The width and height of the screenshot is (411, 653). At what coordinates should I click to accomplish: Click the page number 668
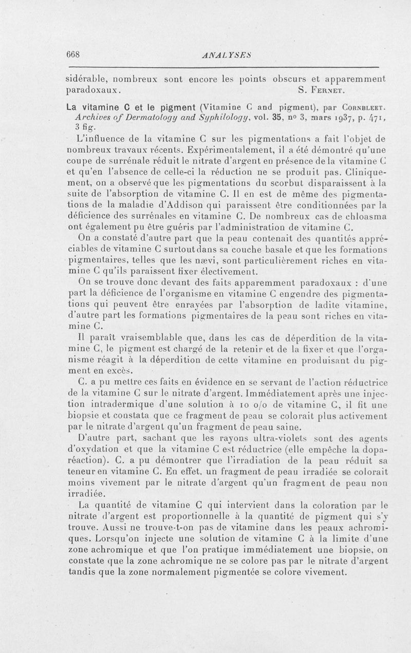[x=76, y=54]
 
